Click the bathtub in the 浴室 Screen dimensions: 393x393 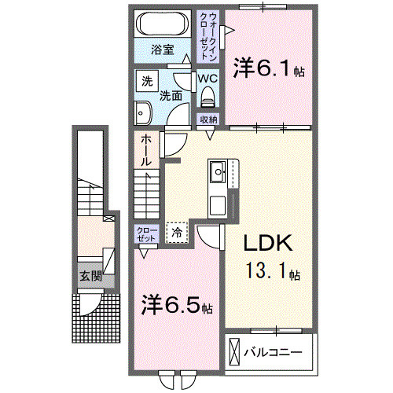[x=161, y=24]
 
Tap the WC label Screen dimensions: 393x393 [x=207, y=79]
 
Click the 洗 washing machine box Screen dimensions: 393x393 [x=145, y=81]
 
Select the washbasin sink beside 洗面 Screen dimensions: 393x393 [x=143, y=112]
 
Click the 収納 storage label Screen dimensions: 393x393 [x=208, y=119]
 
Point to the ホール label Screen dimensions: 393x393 [x=146, y=149]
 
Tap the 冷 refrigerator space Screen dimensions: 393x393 [x=176, y=232]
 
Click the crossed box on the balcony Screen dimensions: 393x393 [x=236, y=351]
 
